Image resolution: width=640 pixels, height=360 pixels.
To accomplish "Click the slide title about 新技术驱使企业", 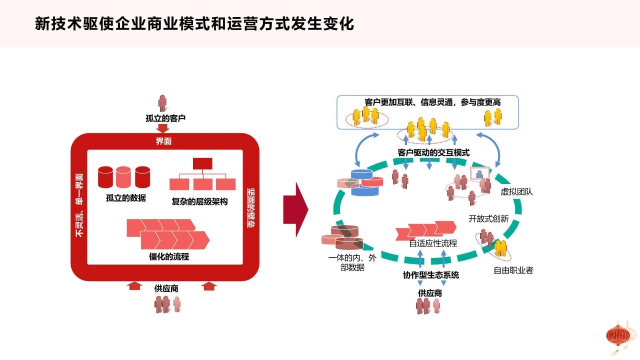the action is click(194, 23).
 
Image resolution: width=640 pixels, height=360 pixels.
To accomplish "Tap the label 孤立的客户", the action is click(165, 118).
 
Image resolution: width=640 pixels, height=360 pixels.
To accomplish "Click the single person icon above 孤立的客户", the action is click(162, 103).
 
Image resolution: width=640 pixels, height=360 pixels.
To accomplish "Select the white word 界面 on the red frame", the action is click(163, 141).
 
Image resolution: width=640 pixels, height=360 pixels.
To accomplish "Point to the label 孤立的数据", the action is click(125, 197).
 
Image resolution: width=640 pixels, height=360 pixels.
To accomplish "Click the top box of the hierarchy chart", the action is click(202, 163).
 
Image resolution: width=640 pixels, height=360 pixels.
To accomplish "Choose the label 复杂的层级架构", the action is click(199, 201).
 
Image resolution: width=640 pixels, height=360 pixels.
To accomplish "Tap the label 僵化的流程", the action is click(169, 256).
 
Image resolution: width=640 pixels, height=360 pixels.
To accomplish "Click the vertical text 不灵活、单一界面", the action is click(79, 205).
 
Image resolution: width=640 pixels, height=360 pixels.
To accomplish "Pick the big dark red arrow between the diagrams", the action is click(295, 209).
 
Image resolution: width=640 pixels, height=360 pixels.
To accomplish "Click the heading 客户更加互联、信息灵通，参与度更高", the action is click(432, 102).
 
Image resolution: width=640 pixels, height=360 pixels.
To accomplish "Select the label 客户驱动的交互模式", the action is click(433, 152).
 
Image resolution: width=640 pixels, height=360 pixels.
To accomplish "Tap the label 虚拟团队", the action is click(516, 191).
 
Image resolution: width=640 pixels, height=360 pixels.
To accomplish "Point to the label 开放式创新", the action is click(488, 219).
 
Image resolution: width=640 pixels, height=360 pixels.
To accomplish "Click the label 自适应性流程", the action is click(433, 243).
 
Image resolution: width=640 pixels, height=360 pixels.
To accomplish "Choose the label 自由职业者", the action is click(513, 270).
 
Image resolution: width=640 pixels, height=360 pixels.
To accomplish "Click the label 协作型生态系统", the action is click(431, 275).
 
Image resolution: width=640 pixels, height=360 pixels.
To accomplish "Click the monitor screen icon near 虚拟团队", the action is click(479, 173).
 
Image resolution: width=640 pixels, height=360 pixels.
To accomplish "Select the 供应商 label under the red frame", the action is click(166, 288).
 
